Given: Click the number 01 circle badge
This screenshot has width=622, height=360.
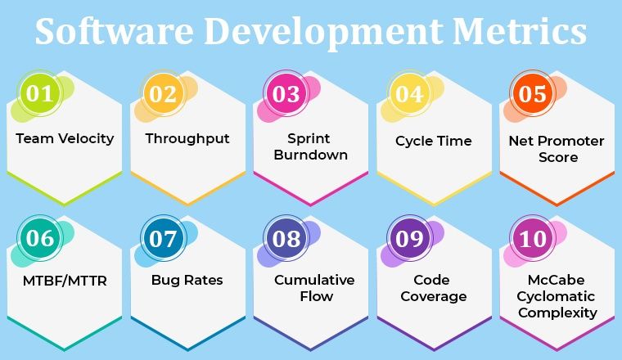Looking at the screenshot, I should (39, 93).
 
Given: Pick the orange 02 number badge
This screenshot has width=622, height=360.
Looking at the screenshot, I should (163, 93).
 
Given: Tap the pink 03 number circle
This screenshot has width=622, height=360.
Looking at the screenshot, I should (286, 93).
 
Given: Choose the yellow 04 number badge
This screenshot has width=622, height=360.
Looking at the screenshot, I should (408, 93).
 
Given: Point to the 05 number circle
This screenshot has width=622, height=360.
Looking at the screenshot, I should (532, 93).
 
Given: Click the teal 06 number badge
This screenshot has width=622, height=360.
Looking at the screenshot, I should (39, 238).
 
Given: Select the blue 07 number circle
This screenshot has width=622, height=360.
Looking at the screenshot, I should (163, 238).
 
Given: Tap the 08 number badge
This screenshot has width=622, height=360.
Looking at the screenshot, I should (286, 238).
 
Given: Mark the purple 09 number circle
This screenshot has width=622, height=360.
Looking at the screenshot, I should (408, 238).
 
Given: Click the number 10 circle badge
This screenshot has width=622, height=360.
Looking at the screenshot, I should (532, 238).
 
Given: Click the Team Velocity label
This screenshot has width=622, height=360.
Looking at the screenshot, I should (65, 138).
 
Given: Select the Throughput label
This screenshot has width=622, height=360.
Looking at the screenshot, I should (187, 138).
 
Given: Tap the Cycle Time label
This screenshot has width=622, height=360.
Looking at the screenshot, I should (434, 141).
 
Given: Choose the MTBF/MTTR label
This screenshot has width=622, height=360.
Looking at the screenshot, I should (65, 281).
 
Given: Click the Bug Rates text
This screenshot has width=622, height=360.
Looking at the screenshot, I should (187, 281).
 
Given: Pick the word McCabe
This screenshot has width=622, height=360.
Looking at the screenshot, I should (557, 280).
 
